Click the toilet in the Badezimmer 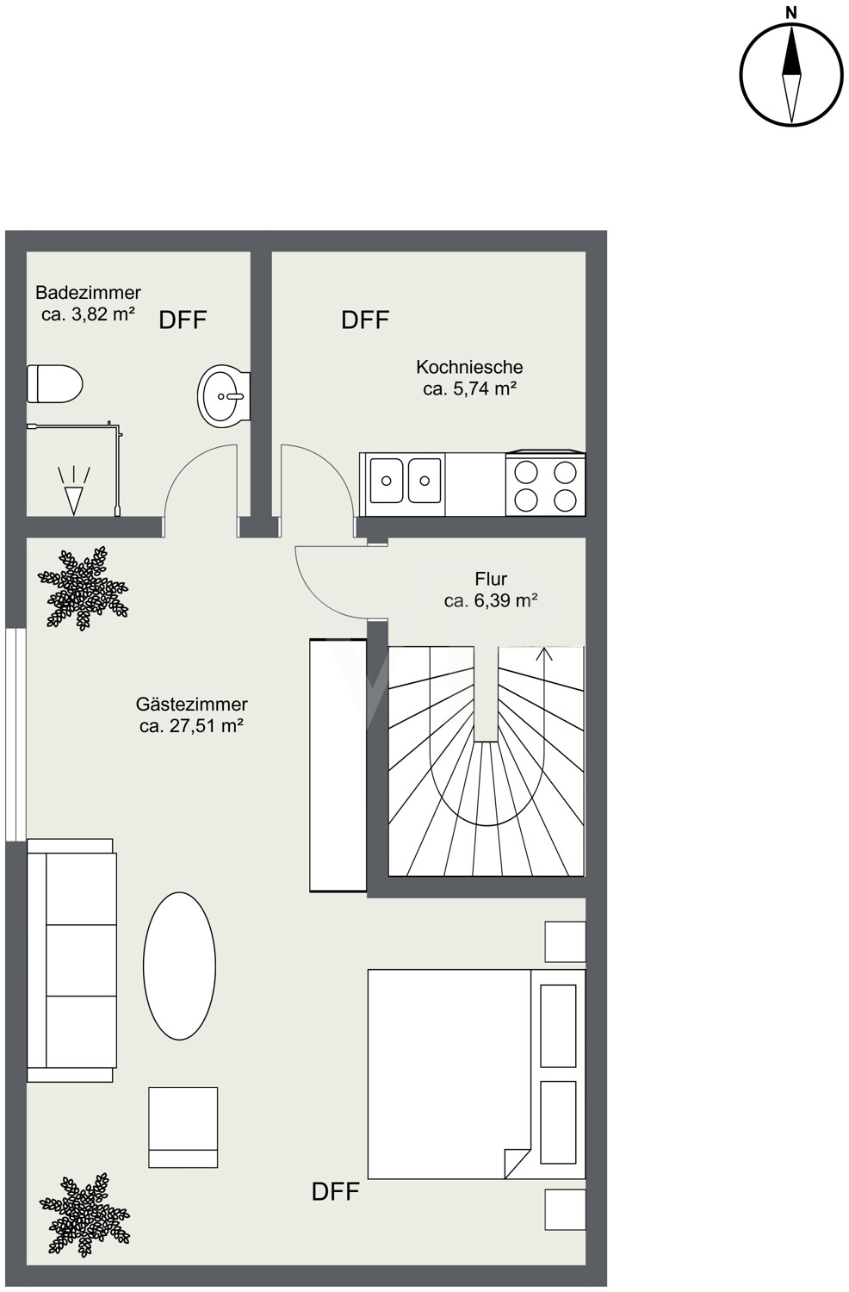(55, 383)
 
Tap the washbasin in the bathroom (224, 396)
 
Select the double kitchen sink (406, 480)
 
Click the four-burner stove (545, 483)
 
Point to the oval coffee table (179, 966)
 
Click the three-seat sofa (71, 960)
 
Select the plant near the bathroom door (83, 588)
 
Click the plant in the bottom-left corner (84, 1215)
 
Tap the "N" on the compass (792, 13)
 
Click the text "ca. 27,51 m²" (191, 725)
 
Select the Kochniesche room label (469, 378)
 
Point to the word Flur (491, 579)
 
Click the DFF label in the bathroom (183, 320)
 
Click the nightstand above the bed (565, 942)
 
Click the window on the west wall (15, 734)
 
